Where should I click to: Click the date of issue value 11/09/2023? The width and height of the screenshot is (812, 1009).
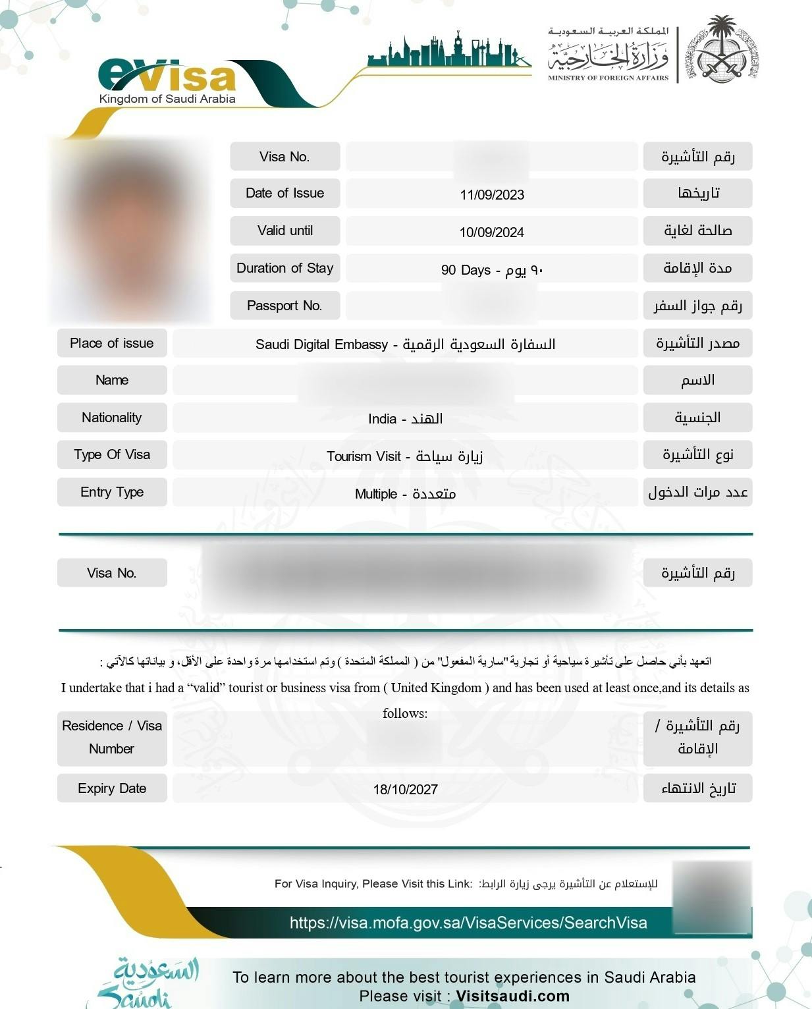492,195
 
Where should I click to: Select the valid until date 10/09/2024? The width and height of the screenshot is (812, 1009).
492,232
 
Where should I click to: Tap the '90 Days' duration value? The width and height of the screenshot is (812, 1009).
466,270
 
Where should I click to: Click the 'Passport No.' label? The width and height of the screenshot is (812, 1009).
284,306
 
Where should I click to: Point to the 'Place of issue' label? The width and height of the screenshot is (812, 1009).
111,343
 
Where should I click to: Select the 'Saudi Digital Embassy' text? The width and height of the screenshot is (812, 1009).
321,344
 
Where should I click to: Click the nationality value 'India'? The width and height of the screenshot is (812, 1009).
383,419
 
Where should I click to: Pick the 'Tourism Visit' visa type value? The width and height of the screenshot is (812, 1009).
364,456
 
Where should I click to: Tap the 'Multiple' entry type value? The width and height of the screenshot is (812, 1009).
376,494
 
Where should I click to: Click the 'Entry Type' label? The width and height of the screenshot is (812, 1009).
112,492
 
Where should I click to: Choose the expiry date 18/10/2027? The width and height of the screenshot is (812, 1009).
405,790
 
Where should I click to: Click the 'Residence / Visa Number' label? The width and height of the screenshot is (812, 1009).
111,738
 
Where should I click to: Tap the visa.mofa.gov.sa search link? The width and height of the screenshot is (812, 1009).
468,923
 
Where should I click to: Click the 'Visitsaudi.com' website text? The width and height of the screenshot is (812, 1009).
512,996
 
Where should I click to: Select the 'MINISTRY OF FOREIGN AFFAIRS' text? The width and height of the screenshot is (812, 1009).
608,78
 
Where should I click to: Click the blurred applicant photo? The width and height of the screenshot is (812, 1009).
130,231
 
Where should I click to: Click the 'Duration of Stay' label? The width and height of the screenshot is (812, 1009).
284,268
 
